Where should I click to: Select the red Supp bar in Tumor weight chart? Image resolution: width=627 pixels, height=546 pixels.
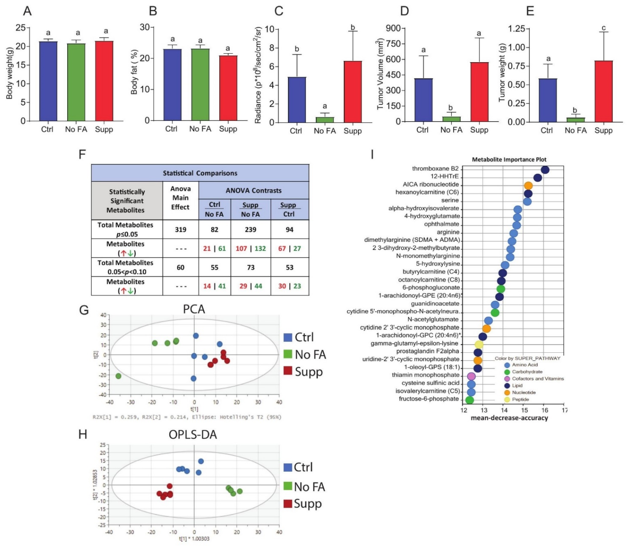[x=603, y=91]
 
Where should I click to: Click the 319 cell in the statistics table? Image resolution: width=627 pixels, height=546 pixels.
[x=181, y=229]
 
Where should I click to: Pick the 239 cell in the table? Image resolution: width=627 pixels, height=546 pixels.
[x=250, y=229]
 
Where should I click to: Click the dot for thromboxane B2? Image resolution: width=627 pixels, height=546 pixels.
[x=545, y=170]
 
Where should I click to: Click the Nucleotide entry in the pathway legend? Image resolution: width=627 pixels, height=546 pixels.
[x=523, y=392]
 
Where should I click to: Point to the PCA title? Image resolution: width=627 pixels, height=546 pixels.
[x=194, y=309]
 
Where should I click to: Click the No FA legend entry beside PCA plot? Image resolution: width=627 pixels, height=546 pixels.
[x=310, y=354]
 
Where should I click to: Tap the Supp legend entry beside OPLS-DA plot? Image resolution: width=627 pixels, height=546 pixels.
[x=307, y=504]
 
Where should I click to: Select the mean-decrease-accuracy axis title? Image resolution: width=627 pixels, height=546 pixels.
[x=509, y=418]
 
